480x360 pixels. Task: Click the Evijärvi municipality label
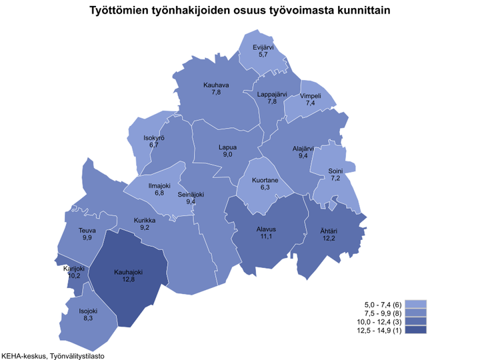coord(263,47)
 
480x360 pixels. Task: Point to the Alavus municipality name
coord(267,229)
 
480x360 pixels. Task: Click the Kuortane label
coord(265,181)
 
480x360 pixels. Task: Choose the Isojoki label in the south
coord(87,311)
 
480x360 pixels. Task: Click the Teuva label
coord(87,231)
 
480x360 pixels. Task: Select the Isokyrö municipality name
coord(154,137)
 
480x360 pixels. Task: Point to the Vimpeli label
coord(311,96)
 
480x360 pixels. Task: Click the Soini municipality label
coord(335,171)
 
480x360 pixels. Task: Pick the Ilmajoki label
coord(159,185)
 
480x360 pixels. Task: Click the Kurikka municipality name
coord(145,220)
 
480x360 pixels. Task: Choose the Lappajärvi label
coord(272,94)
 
